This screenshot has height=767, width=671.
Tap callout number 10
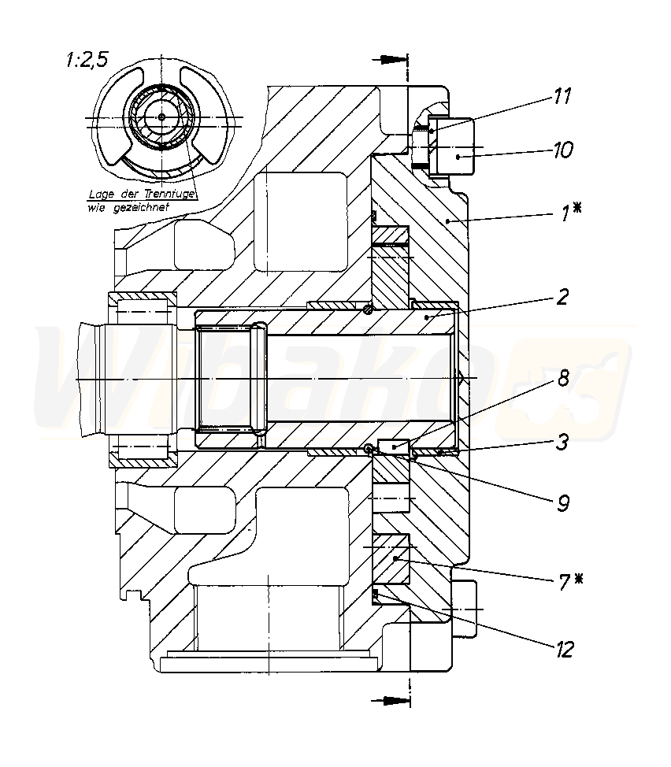point(562,149)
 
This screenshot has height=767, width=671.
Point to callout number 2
point(563,297)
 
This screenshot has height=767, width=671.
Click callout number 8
point(563,378)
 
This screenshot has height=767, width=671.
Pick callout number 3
point(562,442)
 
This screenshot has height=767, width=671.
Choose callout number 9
point(562,502)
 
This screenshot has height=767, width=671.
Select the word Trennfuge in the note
point(170,193)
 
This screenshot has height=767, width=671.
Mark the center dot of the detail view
point(161,117)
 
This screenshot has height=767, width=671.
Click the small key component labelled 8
point(393,446)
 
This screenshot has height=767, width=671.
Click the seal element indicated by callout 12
point(376,591)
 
